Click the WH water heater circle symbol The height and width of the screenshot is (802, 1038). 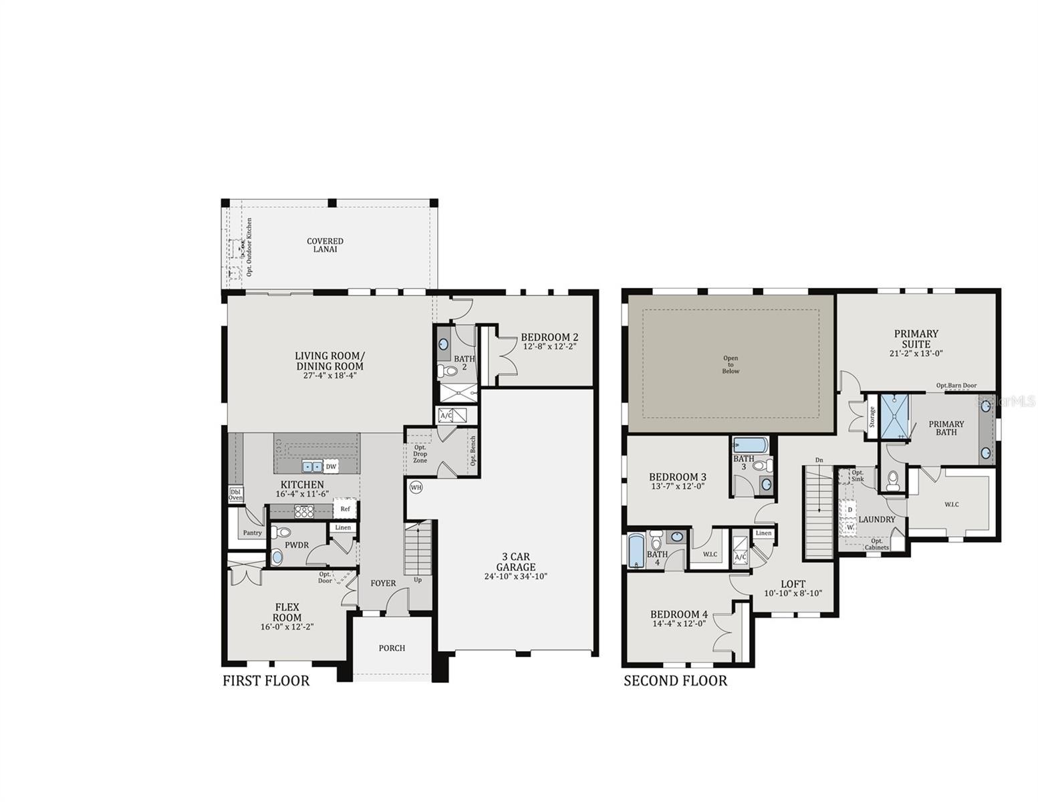coord(416,487)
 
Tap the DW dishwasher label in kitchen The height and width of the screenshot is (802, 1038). coord(330,466)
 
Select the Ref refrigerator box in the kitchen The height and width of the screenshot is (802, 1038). coord(345,509)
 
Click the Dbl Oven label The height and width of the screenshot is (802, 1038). coord(236,494)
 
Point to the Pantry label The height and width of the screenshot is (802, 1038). coord(252,533)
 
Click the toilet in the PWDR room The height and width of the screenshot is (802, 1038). coord(280,533)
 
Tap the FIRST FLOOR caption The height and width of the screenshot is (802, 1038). coord(266,681)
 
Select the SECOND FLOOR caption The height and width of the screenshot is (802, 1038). coord(675,681)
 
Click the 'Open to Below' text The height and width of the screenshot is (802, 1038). coord(731,365)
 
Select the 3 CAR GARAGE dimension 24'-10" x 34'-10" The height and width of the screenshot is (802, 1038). coord(515,576)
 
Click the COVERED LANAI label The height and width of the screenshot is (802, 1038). coord(325,245)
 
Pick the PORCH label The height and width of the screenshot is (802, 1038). coord(392,648)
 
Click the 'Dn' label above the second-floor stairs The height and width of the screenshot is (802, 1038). coord(819,460)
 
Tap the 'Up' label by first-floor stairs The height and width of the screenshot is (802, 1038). coord(418,579)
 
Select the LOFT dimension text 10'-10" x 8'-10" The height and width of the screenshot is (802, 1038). coord(793,593)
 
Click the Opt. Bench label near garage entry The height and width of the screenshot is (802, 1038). coord(473,450)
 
